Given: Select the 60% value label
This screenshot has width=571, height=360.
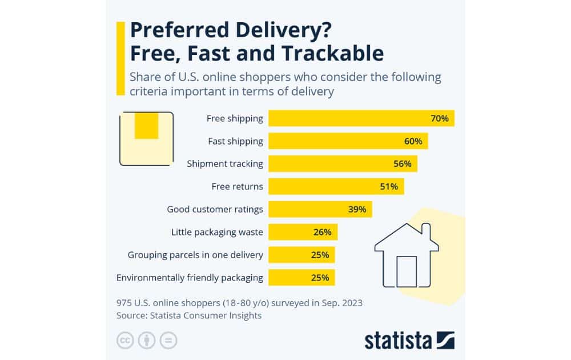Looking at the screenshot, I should click(413, 141).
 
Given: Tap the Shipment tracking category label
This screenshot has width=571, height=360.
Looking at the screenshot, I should click(225, 164).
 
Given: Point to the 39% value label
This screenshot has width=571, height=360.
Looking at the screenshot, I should click(357, 209).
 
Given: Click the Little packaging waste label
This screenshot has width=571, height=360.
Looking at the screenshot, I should click(217, 232).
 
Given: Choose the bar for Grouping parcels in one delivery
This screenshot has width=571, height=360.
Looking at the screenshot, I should click(301, 255).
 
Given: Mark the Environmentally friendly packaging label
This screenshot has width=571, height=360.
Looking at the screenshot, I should click(190, 278).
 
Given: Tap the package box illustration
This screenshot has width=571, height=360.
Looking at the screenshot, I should click(146, 139).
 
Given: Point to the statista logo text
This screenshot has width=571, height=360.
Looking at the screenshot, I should click(399, 341).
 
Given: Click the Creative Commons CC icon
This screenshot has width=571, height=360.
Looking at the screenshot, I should click(125, 341).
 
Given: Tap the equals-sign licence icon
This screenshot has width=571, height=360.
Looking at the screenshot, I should click(168, 341).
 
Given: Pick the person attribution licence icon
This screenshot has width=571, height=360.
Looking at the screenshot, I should click(147, 341).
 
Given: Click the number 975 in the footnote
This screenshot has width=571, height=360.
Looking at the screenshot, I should click(125, 303).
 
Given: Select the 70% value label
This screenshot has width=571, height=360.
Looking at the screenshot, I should click(440, 119).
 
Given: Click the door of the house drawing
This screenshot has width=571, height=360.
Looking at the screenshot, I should click(407, 271).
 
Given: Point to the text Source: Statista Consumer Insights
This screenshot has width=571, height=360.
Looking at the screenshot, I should click(189, 315).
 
